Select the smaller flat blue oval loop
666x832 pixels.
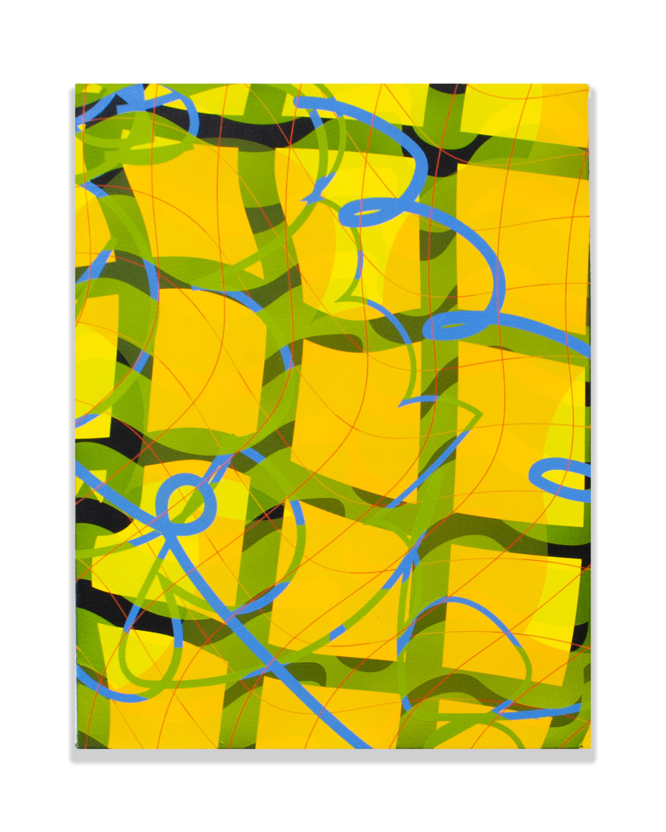[370, 212]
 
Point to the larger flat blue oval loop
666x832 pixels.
[459, 327]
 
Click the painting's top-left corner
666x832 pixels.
[76, 85]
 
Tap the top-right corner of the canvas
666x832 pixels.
[588, 85]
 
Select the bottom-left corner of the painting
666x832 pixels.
[76, 748]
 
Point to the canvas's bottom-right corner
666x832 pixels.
[590, 748]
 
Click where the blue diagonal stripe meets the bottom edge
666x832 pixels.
[362, 746]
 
